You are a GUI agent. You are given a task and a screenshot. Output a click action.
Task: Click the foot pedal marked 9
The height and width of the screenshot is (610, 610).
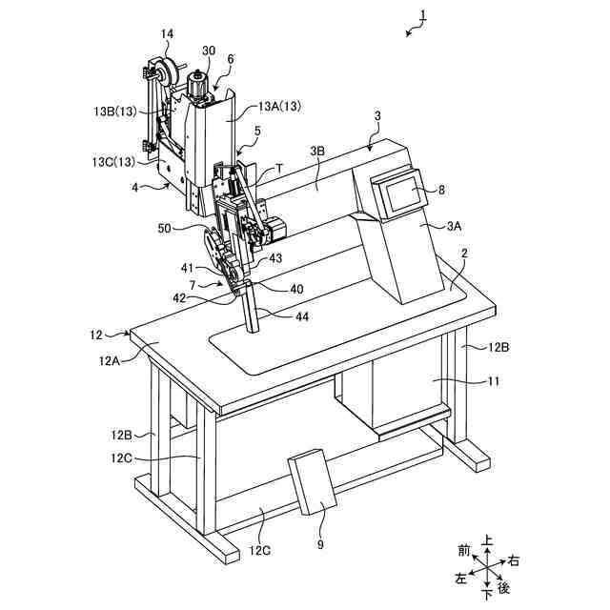coord(312,481)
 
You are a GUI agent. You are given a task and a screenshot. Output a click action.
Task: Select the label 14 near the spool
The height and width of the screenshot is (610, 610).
coord(167,34)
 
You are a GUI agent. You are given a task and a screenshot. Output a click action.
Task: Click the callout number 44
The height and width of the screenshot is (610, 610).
coord(301,315)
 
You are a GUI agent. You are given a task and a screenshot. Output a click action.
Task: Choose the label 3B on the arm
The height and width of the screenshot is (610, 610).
coord(317,151)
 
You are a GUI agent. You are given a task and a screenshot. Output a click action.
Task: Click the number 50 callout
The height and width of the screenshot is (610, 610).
coord(165,228)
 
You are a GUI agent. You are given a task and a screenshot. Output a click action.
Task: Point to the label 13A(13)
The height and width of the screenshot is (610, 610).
coord(279,107)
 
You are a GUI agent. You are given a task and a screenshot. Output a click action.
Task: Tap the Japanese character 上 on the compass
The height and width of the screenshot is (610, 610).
coord(488,540)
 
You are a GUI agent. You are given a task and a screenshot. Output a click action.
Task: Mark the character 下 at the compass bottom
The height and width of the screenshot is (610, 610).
coord(488,596)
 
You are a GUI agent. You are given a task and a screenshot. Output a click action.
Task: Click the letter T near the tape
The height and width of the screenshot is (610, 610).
coord(279,167)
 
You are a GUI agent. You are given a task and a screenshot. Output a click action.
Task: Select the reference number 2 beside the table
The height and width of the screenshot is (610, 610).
coord(464,254)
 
